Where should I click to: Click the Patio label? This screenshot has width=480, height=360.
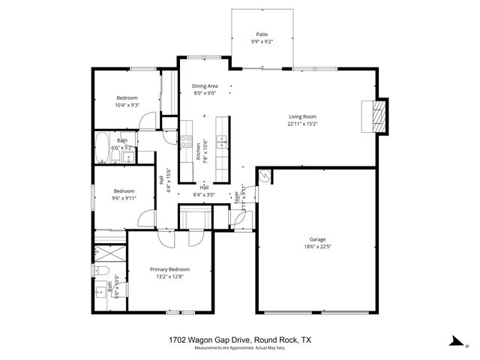pyautogui.click(x=262, y=34)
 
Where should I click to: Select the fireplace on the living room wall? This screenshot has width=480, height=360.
pyautogui.click(x=380, y=118)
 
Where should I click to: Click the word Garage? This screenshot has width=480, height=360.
pyautogui.click(x=318, y=239)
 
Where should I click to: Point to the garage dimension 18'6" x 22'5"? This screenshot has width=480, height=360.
pyautogui.click(x=318, y=246)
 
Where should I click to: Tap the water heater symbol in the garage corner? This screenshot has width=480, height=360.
pyautogui.click(x=264, y=176)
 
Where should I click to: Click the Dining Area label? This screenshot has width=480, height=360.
pyautogui.click(x=205, y=86)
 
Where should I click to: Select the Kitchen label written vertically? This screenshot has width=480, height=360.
pyautogui.click(x=199, y=152)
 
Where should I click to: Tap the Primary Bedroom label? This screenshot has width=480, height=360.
pyautogui.click(x=169, y=269)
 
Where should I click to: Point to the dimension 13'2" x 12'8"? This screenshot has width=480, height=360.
pyautogui.click(x=169, y=276)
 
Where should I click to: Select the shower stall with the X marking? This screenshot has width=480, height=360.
pyautogui.click(x=109, y=251)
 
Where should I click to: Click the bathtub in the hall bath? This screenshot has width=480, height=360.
pyautogui.click(x=102, y=148)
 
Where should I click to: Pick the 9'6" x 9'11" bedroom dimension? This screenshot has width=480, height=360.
pyautogui.click(x=124, y=198)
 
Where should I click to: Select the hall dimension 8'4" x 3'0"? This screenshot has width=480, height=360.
pyautogui.click(x=204, y=194)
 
